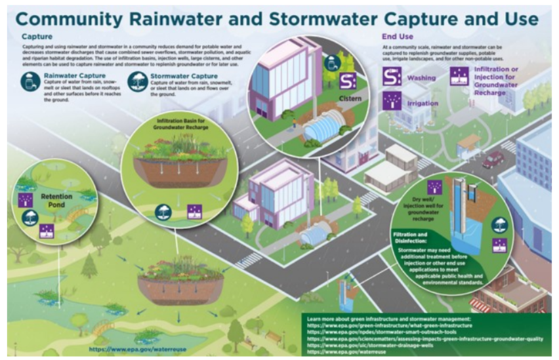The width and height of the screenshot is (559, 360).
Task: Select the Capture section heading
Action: pyautogui.click(x=33, y=35)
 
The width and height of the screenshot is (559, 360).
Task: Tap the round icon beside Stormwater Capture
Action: pyautogui.click(x=138, y=82)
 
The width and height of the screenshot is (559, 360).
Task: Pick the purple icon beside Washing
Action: pyautogui.click(x=392, y=78)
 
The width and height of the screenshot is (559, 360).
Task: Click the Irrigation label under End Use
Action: pyautogui.click(x=423, y=103)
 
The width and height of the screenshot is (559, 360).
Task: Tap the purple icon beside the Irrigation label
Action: pyautogui.click(x=392, y=102)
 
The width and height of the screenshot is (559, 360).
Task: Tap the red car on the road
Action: pyautogui.click(x=493, y=160)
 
